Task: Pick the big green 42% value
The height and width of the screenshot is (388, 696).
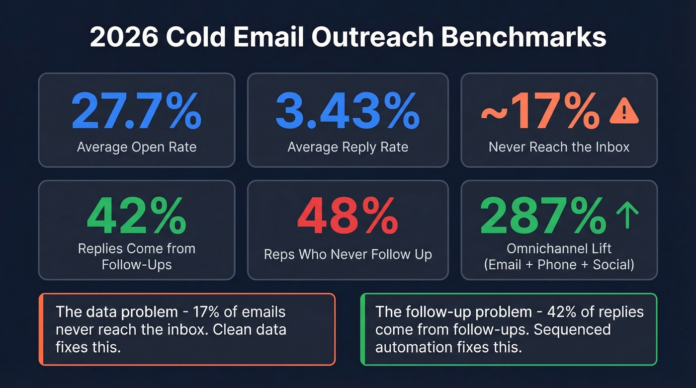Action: [136, 217]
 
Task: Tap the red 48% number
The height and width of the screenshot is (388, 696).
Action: [348, 217]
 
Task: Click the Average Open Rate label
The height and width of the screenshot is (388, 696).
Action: [136, 147]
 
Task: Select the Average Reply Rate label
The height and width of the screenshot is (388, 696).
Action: [348, 147]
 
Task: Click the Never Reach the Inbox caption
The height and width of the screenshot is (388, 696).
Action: [559, 147]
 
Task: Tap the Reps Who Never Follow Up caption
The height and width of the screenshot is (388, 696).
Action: [348, 254]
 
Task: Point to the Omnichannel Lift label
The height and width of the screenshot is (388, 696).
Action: [559, 248]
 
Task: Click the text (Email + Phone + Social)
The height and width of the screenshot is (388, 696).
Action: [559, 265]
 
